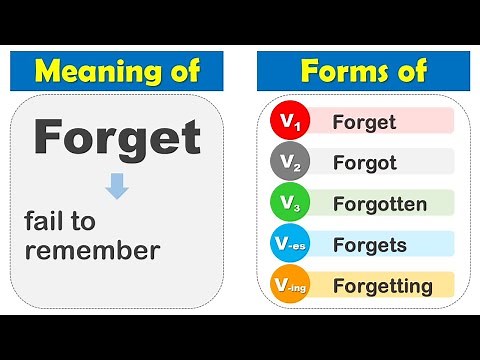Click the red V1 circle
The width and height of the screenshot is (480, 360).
point(291,123)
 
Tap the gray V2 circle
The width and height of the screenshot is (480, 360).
point(291,163)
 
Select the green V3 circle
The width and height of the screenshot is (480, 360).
point(291,204)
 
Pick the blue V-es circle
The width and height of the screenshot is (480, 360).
point(291,245)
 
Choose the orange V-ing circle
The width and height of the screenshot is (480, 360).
point(291,286)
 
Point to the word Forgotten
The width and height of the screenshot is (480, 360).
point(381,205)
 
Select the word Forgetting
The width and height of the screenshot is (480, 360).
point(383,287)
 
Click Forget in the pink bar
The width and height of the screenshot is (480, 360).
point(363,123)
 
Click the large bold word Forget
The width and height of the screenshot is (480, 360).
point(118,138)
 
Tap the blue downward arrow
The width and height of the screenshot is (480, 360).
point(118,186)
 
